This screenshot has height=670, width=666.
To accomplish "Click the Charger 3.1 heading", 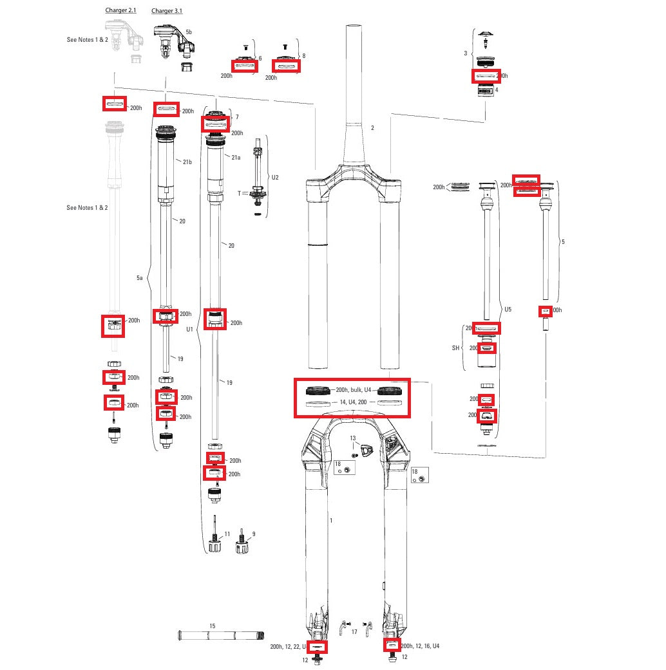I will tap(167, 11).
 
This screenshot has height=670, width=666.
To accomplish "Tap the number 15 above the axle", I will tap(213, 626).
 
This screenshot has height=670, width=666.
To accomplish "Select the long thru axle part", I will tap(213, 636).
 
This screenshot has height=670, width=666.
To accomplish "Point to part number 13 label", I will tap(352, 438).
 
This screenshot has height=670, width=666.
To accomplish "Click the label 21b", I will tap(187, 162).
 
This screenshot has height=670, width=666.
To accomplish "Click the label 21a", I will tap(236, 158).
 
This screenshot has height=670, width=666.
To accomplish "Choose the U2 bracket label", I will tap(275, 177).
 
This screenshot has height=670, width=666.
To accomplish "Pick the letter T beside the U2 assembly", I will tap(240, 193).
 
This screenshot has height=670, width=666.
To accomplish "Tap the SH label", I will tap(456, 348).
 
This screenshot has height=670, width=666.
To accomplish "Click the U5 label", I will tap(508, 310).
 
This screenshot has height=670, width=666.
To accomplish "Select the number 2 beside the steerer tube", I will tap(372, 128).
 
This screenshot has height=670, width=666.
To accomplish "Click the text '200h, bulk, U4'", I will tap(353, 389).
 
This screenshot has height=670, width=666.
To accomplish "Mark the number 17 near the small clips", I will tap(354, 632).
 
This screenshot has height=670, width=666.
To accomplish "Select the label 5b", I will tap(188, 32).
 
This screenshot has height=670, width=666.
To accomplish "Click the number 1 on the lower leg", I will tap(331, 519).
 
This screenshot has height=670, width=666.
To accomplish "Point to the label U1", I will tap(189, 329).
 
